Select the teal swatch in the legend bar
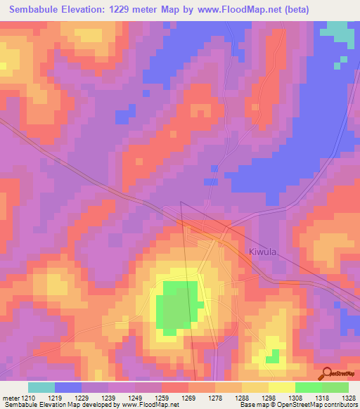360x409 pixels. click(41, 387)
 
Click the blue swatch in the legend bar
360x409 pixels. click(68, 387)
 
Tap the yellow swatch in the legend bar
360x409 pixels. click(281, 387)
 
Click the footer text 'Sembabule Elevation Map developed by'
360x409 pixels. click(60, 405)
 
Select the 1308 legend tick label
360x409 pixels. click(290, 398)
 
